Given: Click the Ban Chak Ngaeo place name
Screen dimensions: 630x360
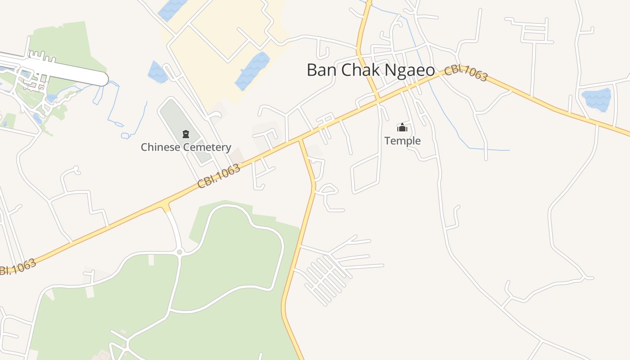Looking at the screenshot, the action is tap(371, 70).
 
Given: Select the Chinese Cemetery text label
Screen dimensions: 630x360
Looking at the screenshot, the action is tap(186, 147).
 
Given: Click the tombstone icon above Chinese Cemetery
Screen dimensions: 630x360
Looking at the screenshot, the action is tap(185, 134).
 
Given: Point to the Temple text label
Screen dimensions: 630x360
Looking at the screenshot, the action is tap(403, 141).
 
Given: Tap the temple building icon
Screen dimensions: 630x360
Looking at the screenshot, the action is tap(402, 128).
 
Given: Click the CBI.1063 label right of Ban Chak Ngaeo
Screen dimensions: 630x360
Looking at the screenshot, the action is tap(466, 74).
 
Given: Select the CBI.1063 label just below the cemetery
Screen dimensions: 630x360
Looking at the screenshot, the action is tap(219, 176).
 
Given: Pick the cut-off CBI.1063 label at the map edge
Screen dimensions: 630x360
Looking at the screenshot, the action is tap(17, 267).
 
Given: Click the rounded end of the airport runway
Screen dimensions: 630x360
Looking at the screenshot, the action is tap(103, 79).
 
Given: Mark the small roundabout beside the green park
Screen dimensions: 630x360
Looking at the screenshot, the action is tap(180, 252).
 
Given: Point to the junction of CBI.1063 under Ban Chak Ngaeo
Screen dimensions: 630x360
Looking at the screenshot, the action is tap(378, 99).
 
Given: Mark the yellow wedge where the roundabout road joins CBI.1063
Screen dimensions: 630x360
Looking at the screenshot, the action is tap(166, 207).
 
